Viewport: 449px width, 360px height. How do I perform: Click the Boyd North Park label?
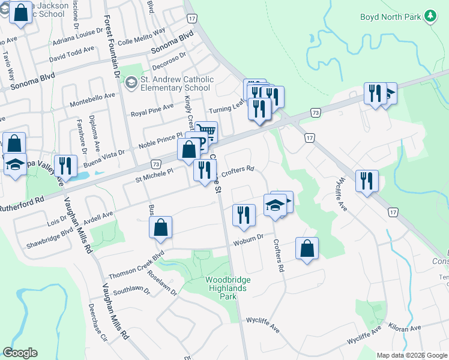390,17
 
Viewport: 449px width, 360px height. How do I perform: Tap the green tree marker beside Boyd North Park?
430,17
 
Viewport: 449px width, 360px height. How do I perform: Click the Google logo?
20,353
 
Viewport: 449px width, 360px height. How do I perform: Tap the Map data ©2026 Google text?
411,355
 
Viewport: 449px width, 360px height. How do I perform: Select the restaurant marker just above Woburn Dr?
243,215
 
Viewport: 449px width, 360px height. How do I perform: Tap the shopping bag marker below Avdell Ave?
160,228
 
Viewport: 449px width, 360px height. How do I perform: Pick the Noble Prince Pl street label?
160,140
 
